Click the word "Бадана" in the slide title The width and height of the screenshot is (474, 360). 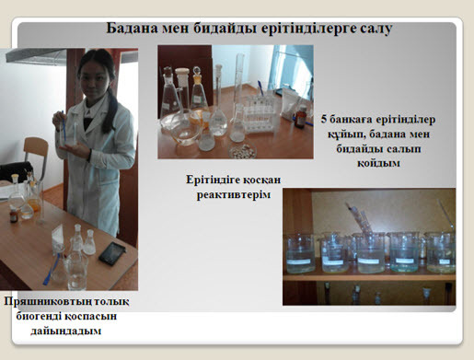132,29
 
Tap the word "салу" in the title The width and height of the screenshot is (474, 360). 376,29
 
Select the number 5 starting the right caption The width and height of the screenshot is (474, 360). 324,119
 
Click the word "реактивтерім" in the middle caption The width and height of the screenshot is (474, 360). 234,195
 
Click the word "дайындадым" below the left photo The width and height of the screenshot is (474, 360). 65,331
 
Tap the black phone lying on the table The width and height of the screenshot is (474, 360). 112,253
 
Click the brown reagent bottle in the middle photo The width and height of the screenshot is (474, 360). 300,117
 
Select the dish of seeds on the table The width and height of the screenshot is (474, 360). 242,150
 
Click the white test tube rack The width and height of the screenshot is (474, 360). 260,114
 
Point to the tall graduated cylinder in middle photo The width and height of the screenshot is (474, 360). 239,83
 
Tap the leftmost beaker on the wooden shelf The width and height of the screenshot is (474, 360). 300,253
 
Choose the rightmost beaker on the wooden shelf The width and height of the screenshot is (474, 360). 441,252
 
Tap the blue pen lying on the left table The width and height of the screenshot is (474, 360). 51,269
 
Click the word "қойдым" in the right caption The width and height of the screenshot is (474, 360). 378,163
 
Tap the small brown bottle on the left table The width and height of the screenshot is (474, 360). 14,215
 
